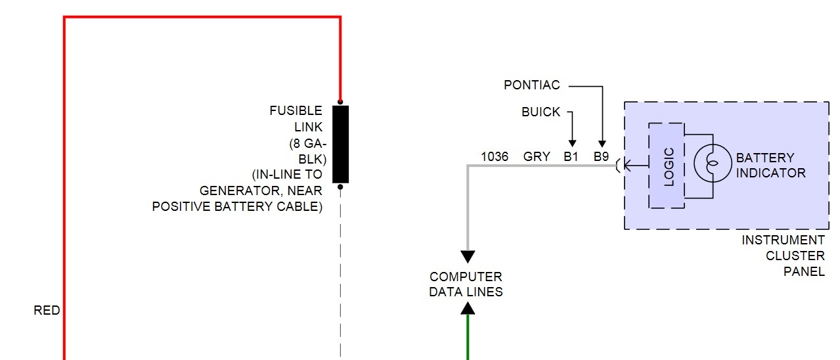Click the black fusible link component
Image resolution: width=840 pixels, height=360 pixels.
(x=340, y=144)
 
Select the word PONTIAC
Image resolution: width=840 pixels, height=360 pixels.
(x=532, y=85)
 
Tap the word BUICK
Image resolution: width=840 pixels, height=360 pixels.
(x=541, y=112)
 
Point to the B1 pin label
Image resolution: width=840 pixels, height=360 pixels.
(x=571, y=157)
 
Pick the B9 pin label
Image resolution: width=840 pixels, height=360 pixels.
(x=602, y=157)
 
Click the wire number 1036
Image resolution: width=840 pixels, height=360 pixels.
(x=495, y=157)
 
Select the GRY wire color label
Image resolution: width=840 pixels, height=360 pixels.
(x=537, y=157)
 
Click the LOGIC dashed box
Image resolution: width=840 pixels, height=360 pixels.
(x=667, y=166)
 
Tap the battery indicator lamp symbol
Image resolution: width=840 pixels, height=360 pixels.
(x=713, y=164)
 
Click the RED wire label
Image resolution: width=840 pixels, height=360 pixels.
(x=47, y=311)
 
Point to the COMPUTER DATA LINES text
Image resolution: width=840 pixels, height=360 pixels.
(x=466, y=284)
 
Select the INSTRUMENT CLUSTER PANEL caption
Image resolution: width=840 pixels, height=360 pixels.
(x=783, y=256)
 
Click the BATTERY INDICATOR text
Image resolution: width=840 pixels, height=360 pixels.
(x=770, y=166)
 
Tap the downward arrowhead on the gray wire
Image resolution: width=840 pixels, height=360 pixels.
(x=468, y=257)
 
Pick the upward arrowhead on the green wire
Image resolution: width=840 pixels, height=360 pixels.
(x=468, y=307)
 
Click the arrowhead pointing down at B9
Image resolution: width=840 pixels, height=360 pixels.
(x=602, y=144)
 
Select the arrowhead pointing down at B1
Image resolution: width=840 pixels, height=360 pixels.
(x=572, y=144)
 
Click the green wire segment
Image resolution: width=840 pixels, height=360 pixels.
(x=468, y=338)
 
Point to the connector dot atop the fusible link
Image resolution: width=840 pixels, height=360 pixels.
(x=340, y=102)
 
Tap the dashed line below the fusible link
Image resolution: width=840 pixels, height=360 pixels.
(x=340, y=276)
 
